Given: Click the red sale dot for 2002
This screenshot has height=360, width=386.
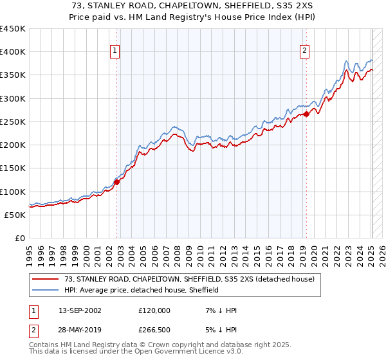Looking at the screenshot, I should tap(116, 182).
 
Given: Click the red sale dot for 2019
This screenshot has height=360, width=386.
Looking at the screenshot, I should tap(306, 114).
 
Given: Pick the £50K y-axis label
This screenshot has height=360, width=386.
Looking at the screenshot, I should tap(15, 215).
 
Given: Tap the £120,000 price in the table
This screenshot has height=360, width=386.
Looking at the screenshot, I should tap(154, 310).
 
